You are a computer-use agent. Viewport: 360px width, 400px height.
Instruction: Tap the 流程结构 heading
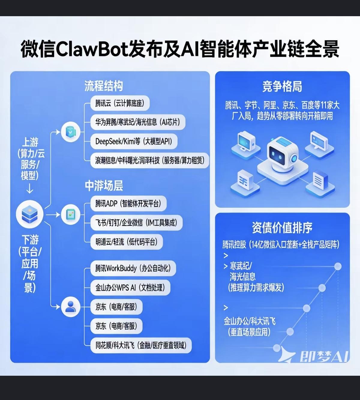103,86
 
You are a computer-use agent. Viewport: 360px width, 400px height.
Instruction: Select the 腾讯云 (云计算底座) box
120,104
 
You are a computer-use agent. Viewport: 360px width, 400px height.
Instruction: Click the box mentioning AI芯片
137,122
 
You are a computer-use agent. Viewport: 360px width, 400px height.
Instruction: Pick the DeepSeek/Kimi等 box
134,141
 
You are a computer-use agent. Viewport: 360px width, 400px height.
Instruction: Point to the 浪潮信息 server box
149,160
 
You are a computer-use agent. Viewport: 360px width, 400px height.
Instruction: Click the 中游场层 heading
104,186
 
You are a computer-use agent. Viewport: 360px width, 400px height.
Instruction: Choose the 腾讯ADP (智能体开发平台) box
128,204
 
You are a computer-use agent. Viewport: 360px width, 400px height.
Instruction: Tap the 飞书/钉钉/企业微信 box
136,223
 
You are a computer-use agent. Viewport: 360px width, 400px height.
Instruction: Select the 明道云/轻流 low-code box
126,242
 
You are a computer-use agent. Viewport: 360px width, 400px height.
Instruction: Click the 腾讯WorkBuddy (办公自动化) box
133,268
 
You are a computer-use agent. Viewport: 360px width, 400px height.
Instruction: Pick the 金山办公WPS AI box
130,288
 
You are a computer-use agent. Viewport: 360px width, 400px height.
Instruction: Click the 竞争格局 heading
282,87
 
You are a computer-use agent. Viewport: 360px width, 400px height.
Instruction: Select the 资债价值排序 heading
282,228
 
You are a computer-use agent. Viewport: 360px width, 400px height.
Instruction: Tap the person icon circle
70,307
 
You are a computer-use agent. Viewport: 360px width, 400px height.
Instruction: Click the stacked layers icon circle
29,215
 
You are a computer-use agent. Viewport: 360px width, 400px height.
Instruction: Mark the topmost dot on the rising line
338,266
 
